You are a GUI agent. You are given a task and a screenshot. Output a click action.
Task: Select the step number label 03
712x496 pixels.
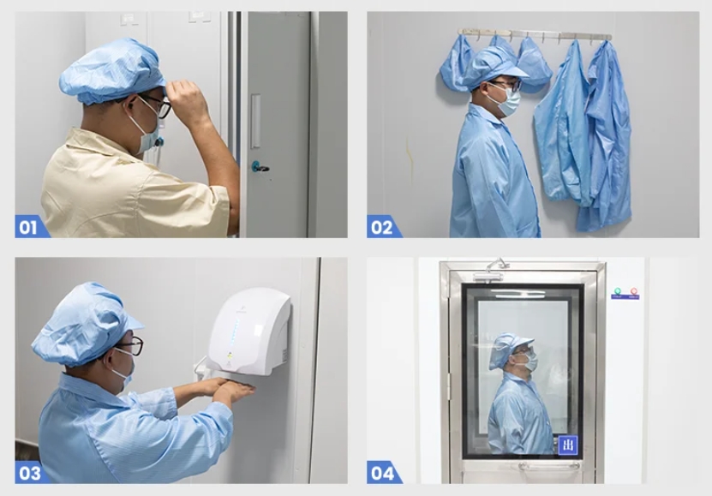click(29, 472)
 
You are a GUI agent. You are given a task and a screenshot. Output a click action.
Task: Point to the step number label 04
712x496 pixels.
click(382, 472)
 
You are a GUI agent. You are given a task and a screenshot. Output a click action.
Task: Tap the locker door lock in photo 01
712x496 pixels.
click(258, 166)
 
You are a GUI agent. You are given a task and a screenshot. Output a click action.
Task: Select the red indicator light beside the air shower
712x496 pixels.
click(634, 293)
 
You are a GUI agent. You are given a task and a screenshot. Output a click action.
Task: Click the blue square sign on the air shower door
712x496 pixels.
click(567, 445)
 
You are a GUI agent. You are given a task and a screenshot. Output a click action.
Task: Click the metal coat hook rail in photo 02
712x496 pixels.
click(535, 35)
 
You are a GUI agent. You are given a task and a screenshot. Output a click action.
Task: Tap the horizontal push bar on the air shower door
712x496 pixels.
click(548, 466)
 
